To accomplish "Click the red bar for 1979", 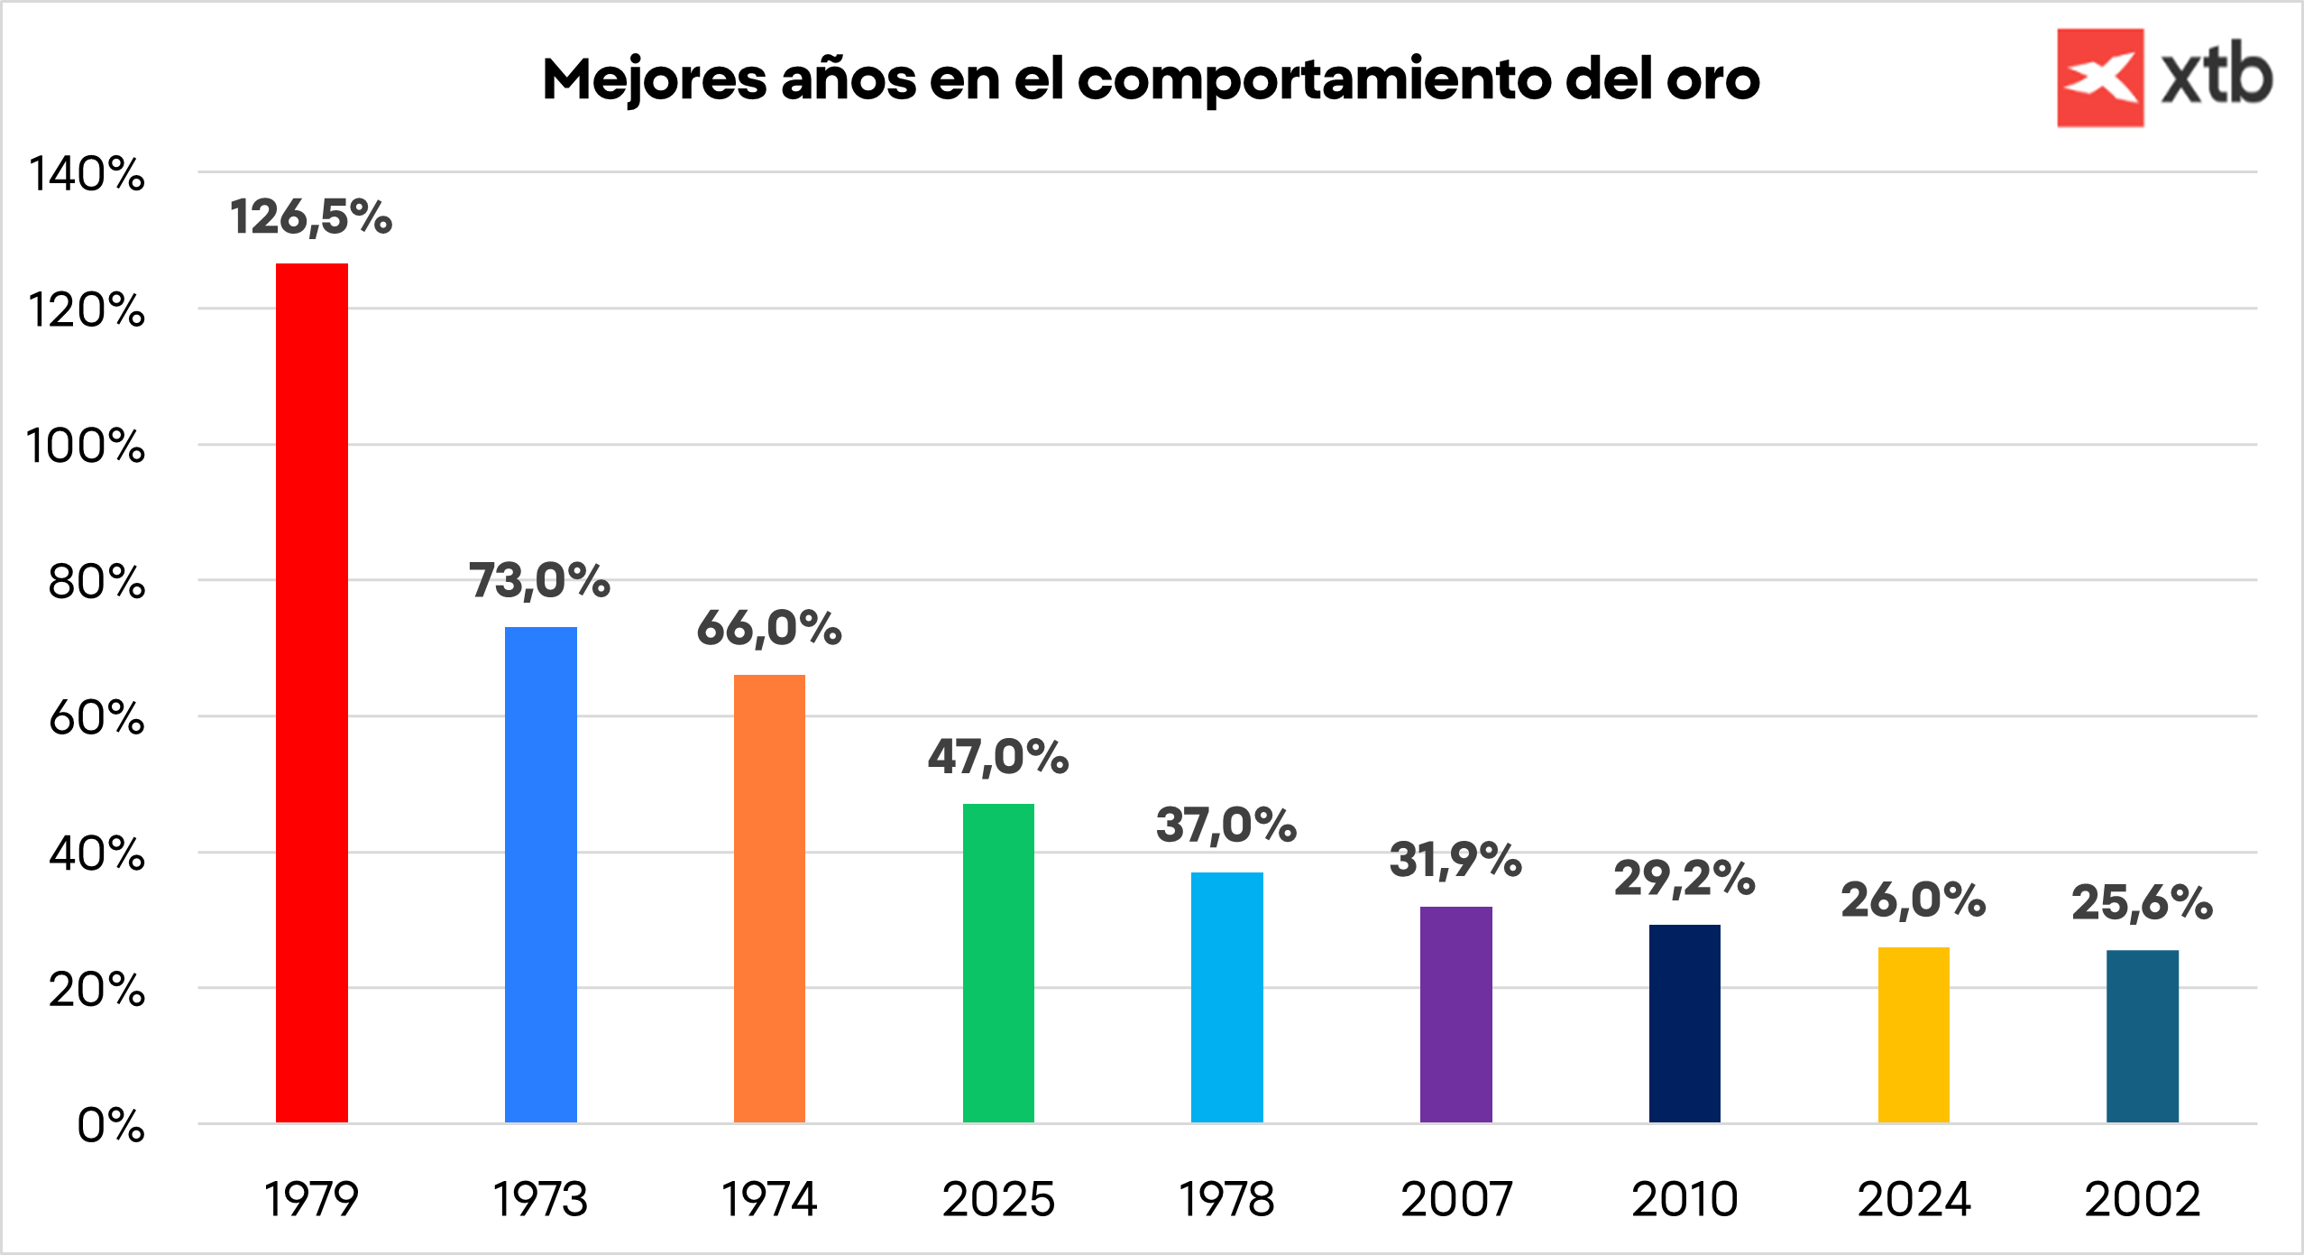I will (x=311, y=693).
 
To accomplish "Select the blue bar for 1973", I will (x=540, y=874).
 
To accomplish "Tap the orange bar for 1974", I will (x=769, y=899).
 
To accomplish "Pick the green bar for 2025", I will (x=998, y=963).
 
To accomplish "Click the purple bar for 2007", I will (x=1455, y=1014).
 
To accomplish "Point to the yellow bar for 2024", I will (x=1914, y=1034).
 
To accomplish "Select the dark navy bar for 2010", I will (x=1684, y=1023).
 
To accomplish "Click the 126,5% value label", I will (x=311, y=217).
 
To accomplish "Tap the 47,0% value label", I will (x=998, y=757).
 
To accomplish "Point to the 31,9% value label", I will (x=1455, y=860).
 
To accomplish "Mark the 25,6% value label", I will (x=2143, y=903).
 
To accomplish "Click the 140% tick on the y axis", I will (x=87, y=173).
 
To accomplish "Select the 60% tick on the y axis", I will (x=96, y=718).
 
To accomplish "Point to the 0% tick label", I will (x=111, y=1126).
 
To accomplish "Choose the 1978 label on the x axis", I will (x=1226, y=1200).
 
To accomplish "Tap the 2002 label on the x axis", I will (x=2143, y=1200).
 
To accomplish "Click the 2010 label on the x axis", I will (x=1684, y=1200).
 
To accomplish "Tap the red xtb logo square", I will (x=2100, y=78).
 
